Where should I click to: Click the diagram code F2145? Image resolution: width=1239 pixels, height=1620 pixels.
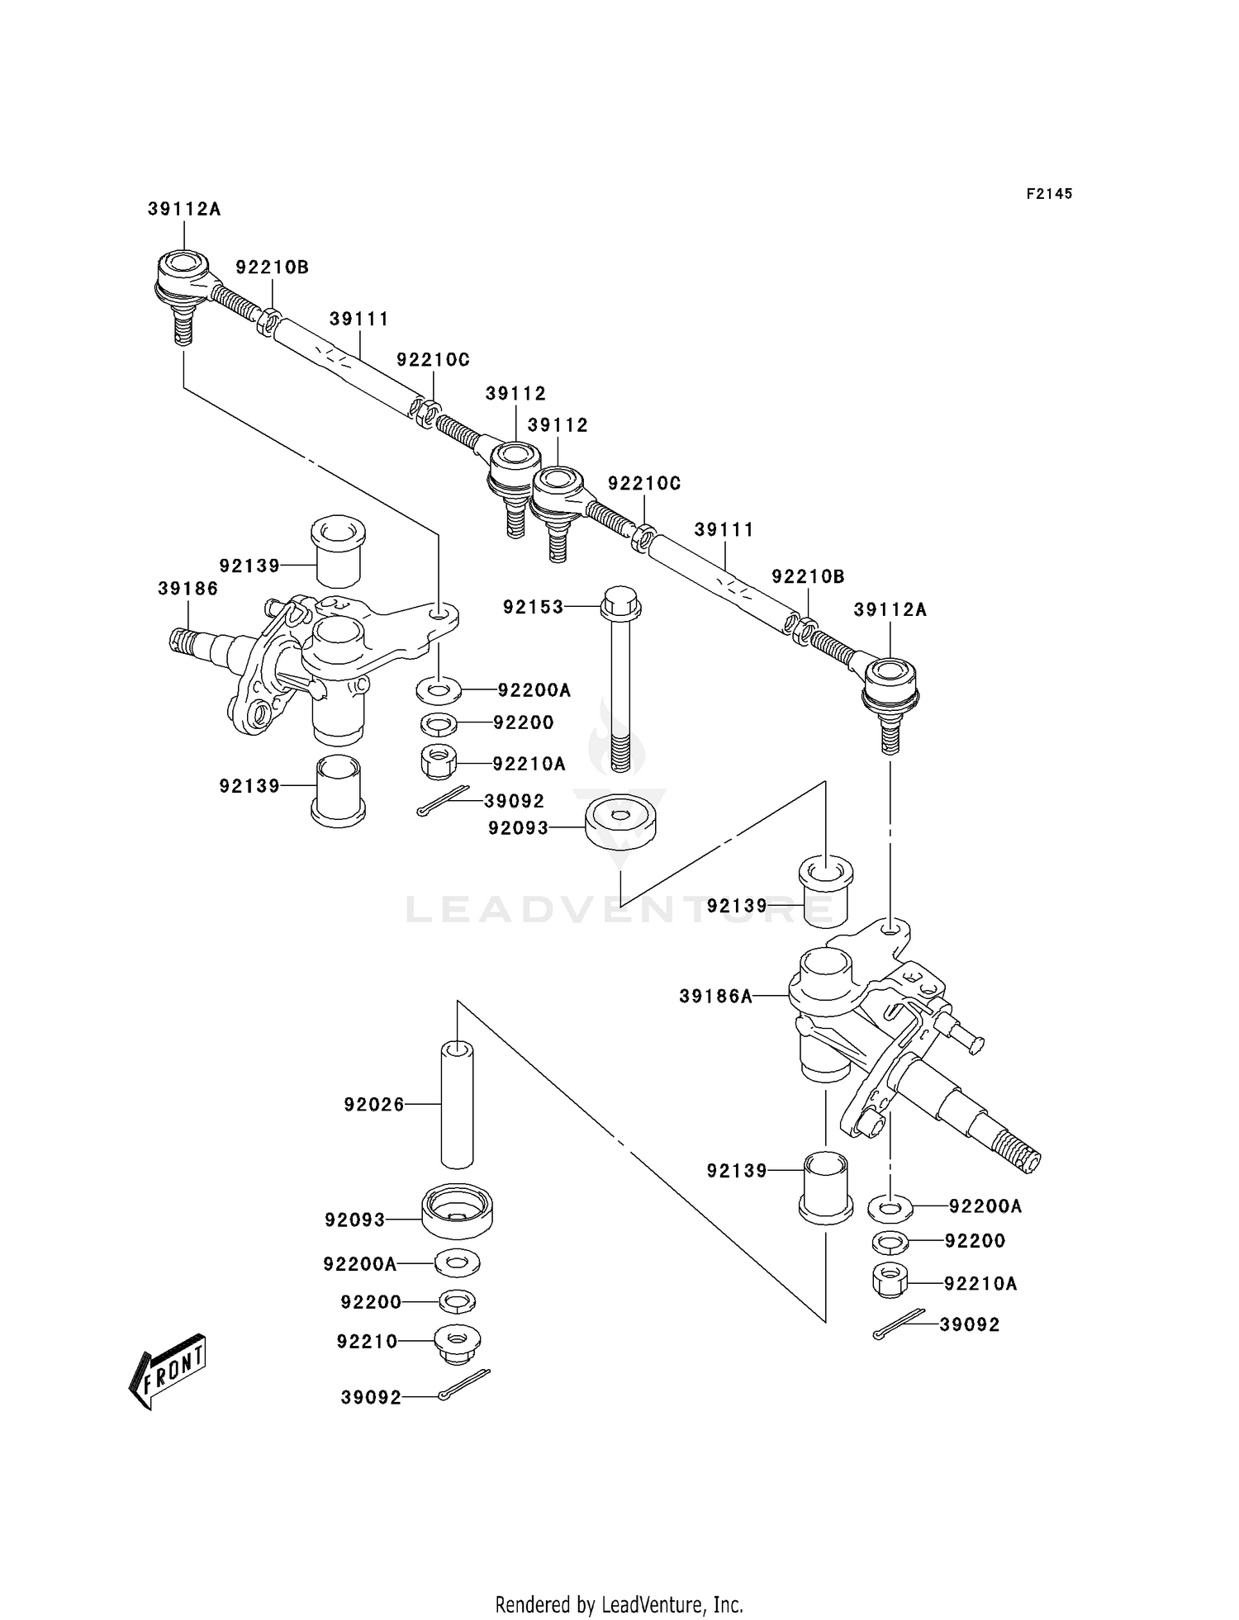point(1049,194)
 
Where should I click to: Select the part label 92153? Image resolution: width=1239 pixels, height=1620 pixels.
point(534,607)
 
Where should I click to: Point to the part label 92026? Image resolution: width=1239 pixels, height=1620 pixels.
point(374,1104)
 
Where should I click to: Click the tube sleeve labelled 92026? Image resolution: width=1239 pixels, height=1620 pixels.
point(458,1105)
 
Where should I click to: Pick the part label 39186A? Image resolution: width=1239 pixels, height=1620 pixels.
point(716,997)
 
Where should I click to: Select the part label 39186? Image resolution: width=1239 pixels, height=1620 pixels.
point(188,589)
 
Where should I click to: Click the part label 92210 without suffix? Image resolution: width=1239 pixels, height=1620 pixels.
point(367,1342)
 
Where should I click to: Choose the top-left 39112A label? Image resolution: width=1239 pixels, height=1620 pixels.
point(184,210)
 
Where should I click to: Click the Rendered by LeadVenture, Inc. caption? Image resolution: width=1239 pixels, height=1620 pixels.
point(619,1604)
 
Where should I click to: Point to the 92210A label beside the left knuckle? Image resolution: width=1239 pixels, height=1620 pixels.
point(529,764)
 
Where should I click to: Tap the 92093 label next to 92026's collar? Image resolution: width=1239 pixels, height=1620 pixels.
point(355,1220)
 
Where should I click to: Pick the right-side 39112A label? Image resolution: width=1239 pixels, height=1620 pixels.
point(890,610)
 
